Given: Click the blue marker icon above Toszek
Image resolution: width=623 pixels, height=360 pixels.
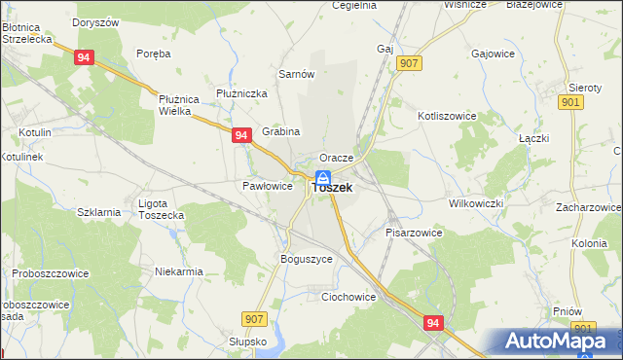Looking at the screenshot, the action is coord(322,177).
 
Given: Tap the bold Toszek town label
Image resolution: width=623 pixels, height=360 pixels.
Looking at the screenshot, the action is coord(331,189).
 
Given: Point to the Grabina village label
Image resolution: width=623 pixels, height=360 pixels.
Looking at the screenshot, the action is coord(280,131).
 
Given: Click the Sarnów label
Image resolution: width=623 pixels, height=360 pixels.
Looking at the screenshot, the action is coord(296,74).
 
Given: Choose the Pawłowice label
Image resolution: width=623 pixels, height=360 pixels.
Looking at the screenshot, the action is coord(267,186).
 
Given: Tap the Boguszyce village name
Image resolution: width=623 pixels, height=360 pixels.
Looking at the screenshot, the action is coord(307,260).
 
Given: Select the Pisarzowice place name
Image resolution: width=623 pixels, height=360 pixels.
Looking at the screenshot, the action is coord(414,234).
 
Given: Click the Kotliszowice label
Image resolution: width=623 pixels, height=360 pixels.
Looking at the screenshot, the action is coord(447,115).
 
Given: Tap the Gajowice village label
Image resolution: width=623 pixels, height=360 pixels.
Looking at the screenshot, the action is coord(492,54).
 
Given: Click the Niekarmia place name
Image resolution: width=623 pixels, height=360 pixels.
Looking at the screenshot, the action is coord(179,272).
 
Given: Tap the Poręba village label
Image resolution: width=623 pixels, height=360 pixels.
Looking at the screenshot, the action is coord(154,54).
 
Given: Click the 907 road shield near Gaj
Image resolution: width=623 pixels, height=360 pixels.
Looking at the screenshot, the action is coord(409,63).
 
